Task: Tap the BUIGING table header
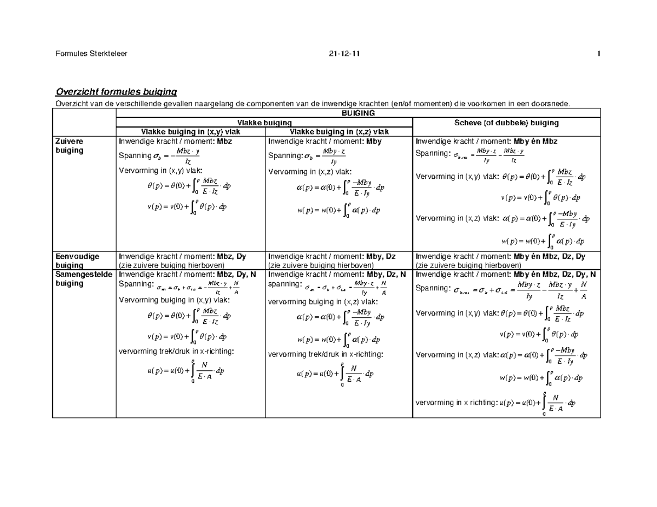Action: coord(358,113)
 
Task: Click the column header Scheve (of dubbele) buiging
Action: coord(506,123)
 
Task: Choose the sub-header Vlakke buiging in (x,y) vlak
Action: coord(191,132)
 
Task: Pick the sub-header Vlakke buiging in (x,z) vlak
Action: coord(339,132)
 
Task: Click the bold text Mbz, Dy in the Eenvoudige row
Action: coord(232,257)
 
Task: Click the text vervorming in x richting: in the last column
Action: coord(457,403)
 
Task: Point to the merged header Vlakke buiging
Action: coord(263,123)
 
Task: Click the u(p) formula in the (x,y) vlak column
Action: coord(186,371)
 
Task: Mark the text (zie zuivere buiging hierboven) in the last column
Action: coord(468,265)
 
